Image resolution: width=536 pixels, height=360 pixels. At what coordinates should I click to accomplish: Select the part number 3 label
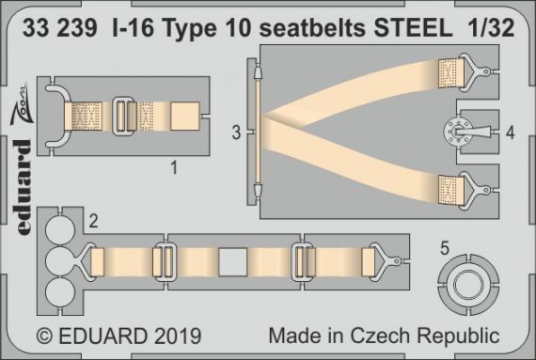pyautogui.click(x=236, y=134)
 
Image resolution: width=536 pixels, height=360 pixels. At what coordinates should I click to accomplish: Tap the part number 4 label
pyautogui.click(x=509, y=134)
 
